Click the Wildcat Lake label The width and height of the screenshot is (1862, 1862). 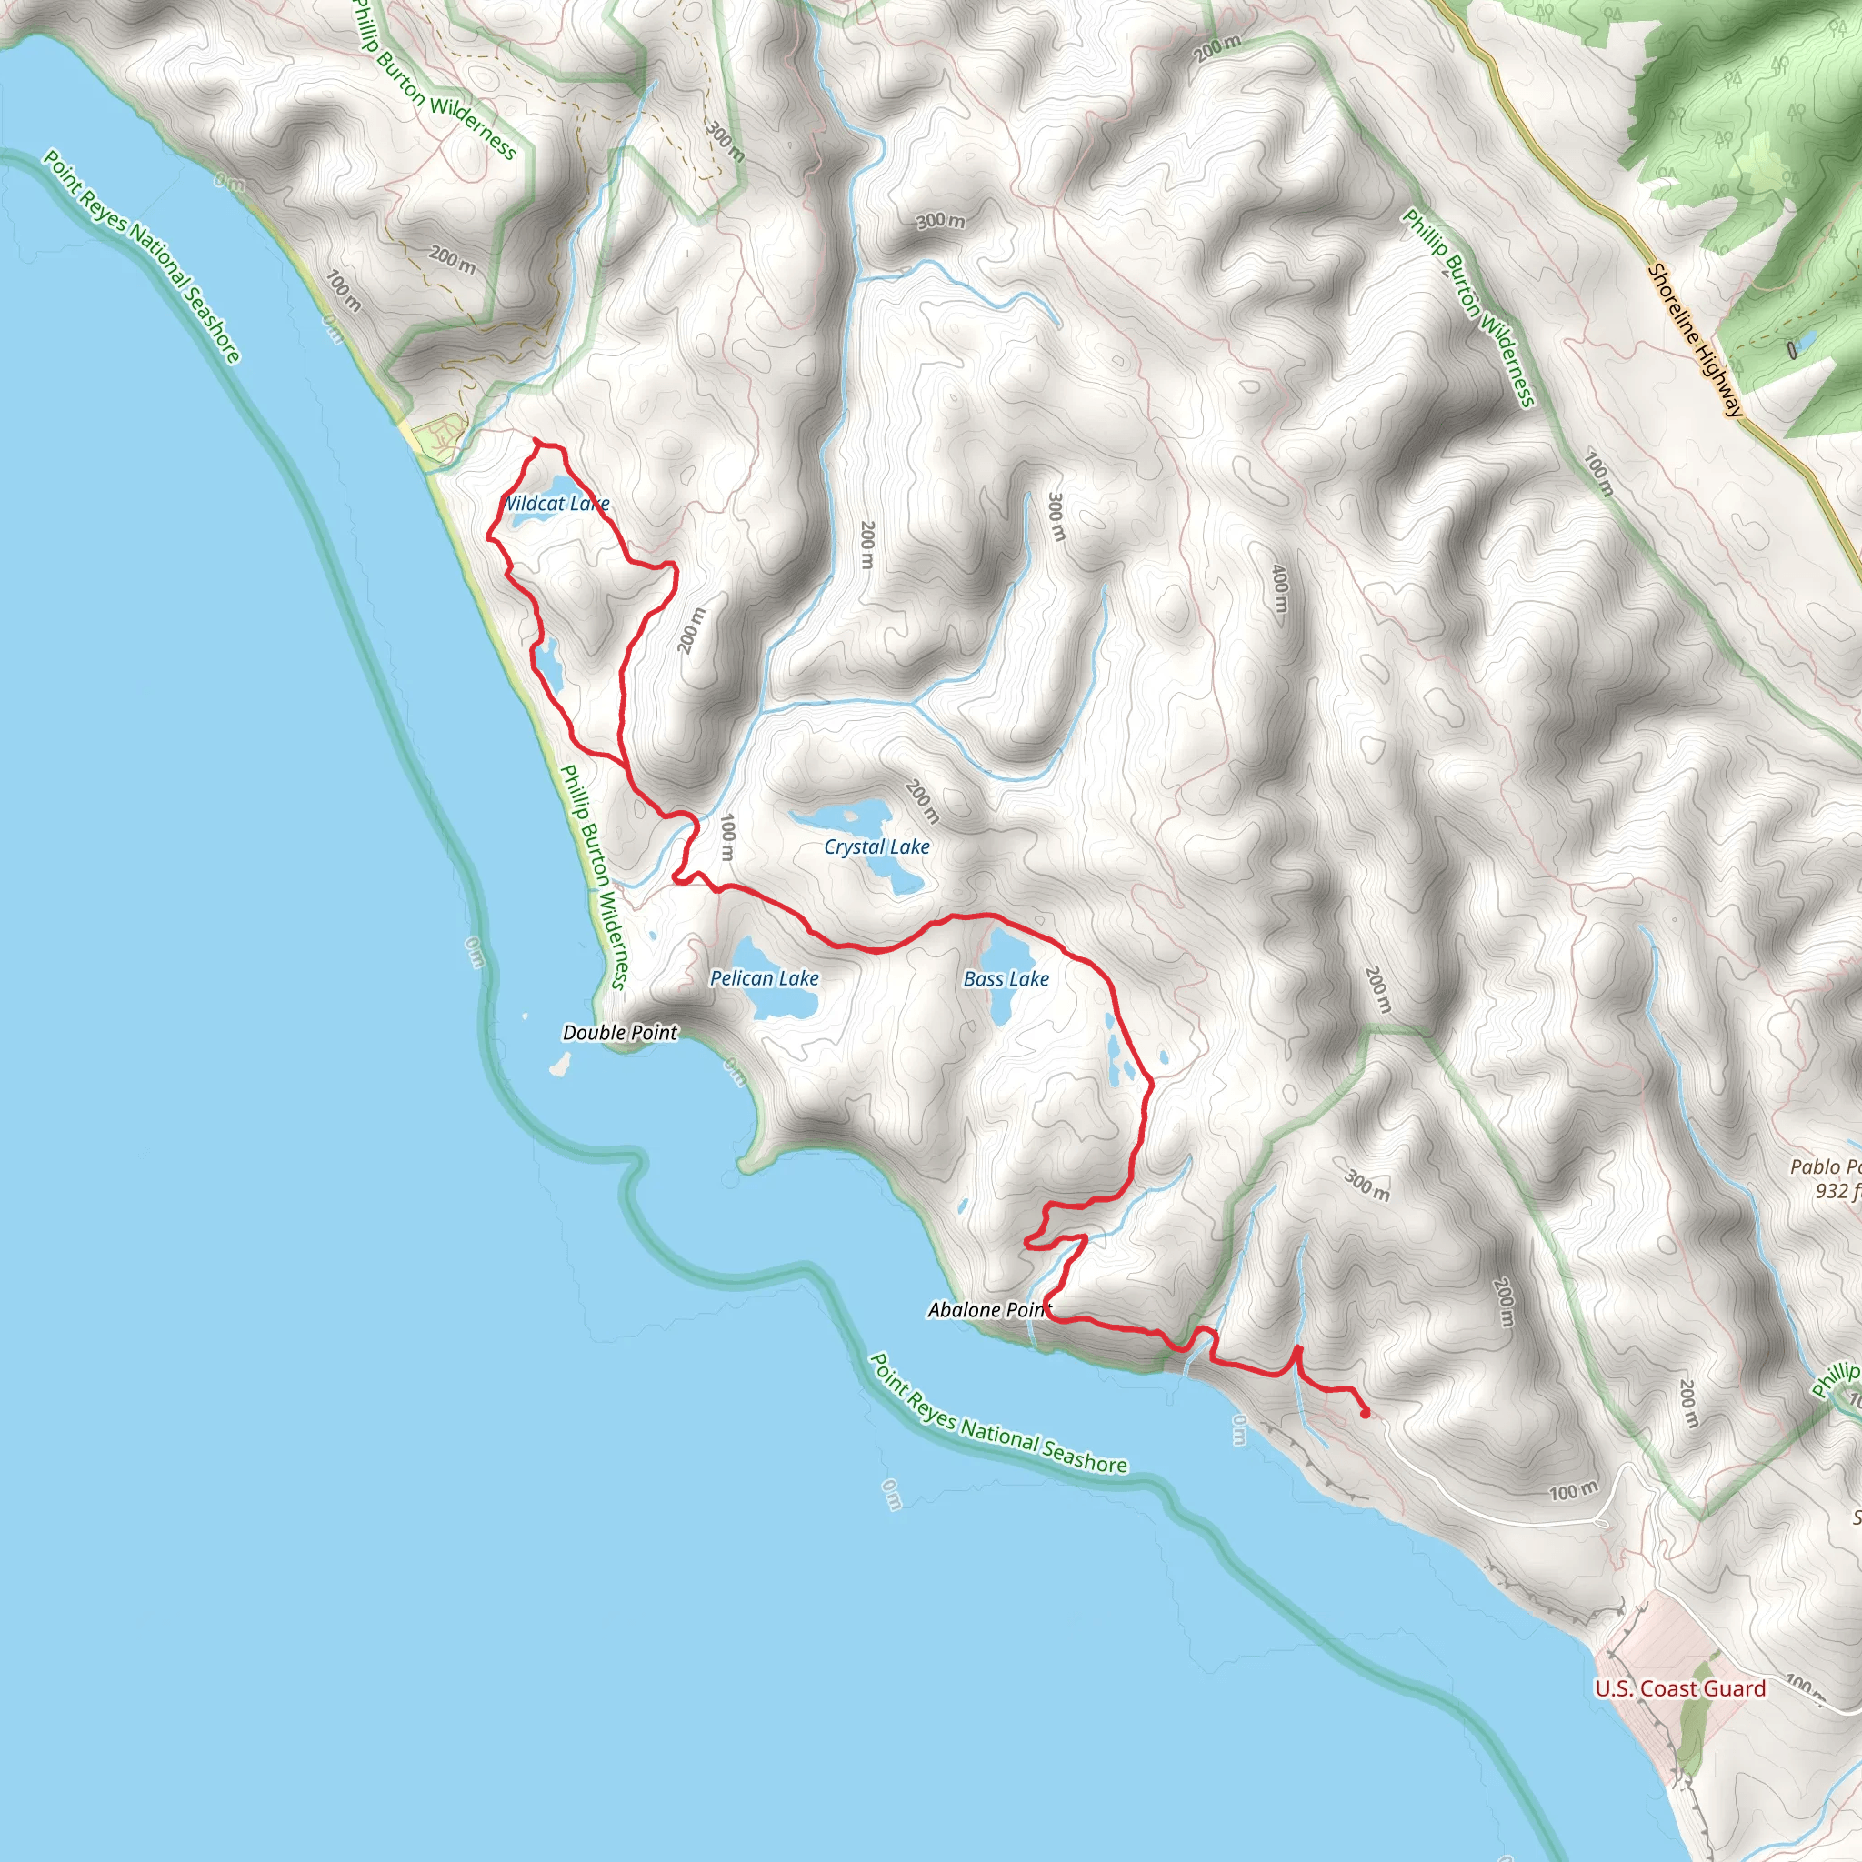click(557, 503)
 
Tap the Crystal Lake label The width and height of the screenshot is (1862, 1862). click(876, 847)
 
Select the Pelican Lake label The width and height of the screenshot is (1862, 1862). click(765, 978)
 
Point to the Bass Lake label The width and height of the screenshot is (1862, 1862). click(1006, 979)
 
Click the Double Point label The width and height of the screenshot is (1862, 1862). click(620, 1033)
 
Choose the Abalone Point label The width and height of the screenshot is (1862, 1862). click(989, 1310)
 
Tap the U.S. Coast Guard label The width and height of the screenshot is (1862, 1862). click(1680, 1688)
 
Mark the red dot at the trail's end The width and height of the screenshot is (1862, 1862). click(1365, 1414)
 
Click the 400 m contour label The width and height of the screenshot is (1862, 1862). click(1279, 588)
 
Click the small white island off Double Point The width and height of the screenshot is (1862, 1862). click(558, 1065)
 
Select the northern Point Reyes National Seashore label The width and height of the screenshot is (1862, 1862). click(142, 256)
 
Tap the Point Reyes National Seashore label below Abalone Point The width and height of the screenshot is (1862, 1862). click(997, 1417)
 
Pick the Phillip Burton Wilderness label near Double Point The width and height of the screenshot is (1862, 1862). click(594, 876)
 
